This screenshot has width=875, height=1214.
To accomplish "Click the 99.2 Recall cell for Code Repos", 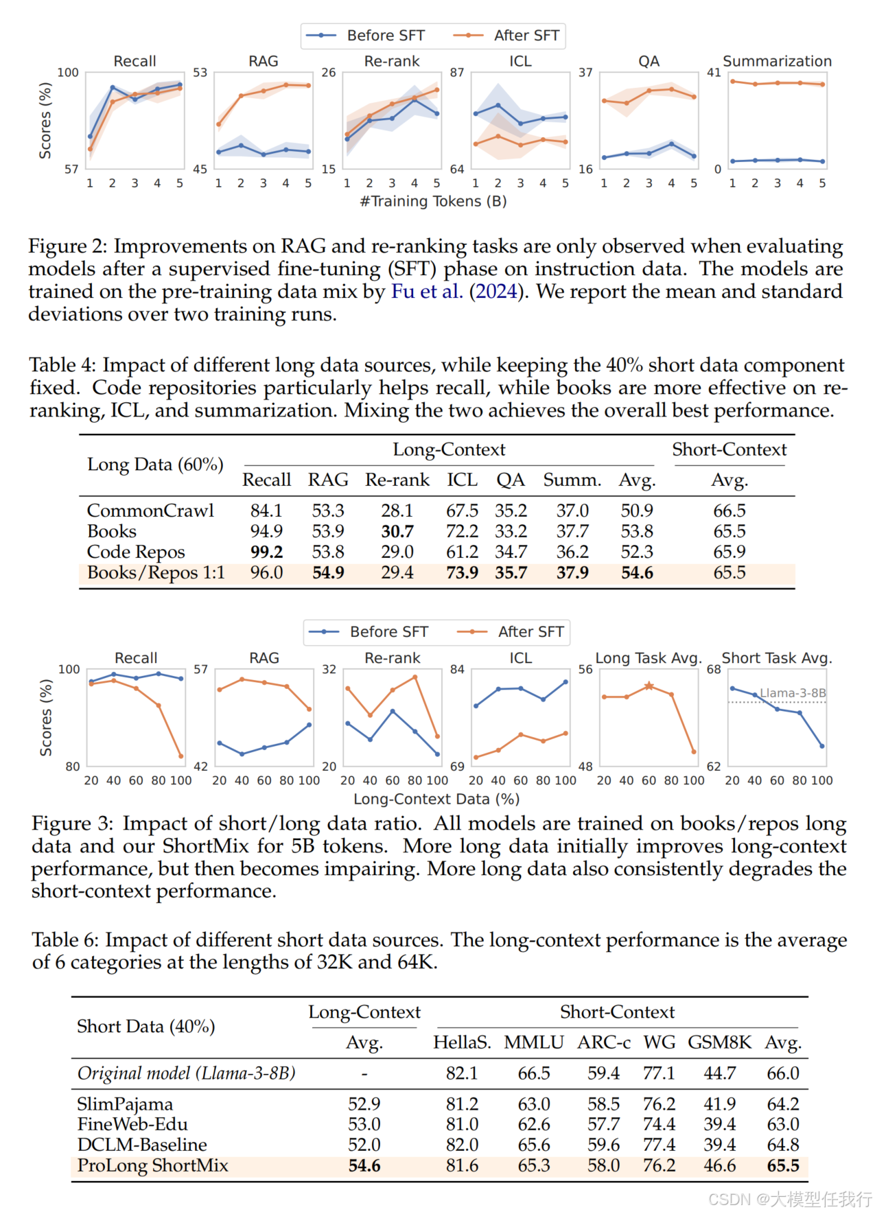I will click(x=266, y=552).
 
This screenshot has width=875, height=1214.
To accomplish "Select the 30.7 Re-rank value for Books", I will click(x=397, y=531).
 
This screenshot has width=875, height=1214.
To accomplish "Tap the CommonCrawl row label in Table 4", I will click(x=150, y=511).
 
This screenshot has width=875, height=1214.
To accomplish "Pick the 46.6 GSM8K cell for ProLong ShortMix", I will click(x=719, y=1165).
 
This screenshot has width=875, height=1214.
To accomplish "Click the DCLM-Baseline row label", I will click(x=142, y=1145).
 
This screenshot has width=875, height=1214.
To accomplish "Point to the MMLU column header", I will click(x=533, y=1042).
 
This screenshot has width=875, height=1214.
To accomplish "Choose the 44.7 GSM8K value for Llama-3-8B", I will click(x=719, y=1073).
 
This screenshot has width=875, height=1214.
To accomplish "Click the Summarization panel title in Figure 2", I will click(x=777, y=61).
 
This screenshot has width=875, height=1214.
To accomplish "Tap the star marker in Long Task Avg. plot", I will click(x=649, y=686).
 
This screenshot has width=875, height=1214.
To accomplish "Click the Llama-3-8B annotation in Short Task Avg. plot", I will click(x=793, y=693).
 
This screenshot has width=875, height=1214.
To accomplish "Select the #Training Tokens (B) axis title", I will click(x=433, y=201).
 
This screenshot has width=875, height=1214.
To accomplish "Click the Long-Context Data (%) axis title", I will click(x=436, y=799).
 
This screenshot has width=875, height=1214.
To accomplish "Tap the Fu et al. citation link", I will click(x=425, y=292).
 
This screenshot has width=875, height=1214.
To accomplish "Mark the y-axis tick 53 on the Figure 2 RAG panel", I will click(x=200, y=73).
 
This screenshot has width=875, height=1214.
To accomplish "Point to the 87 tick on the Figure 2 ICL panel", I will click(x=457, y=73).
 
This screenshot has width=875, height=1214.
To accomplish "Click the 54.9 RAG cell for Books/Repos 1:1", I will click(x=328, y=572).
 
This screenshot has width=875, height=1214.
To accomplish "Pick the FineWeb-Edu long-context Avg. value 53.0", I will click(x=364, y=1124).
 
